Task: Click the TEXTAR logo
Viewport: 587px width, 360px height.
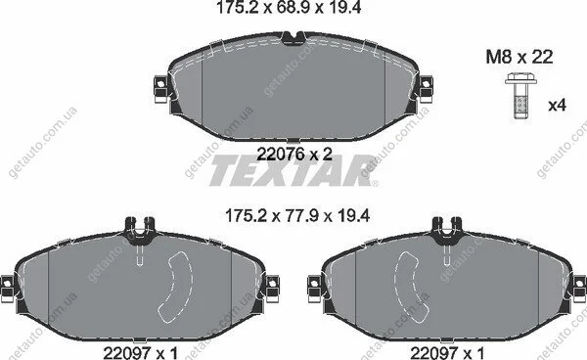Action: [293, 170]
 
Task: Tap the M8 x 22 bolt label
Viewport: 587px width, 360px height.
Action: [519, 58]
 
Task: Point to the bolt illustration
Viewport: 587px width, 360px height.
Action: [520, 96]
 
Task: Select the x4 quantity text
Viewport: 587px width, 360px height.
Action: [557, 106]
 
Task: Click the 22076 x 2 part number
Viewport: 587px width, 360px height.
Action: [294, 154]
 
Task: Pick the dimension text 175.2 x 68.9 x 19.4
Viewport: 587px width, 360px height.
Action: [289, 8]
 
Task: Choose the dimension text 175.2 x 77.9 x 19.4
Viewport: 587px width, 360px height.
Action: [297, 216]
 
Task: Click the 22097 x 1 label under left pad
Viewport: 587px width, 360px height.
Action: [141, 352]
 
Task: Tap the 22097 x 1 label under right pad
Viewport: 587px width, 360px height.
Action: [447, 352]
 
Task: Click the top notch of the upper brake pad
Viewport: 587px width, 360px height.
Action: [293, 38]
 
